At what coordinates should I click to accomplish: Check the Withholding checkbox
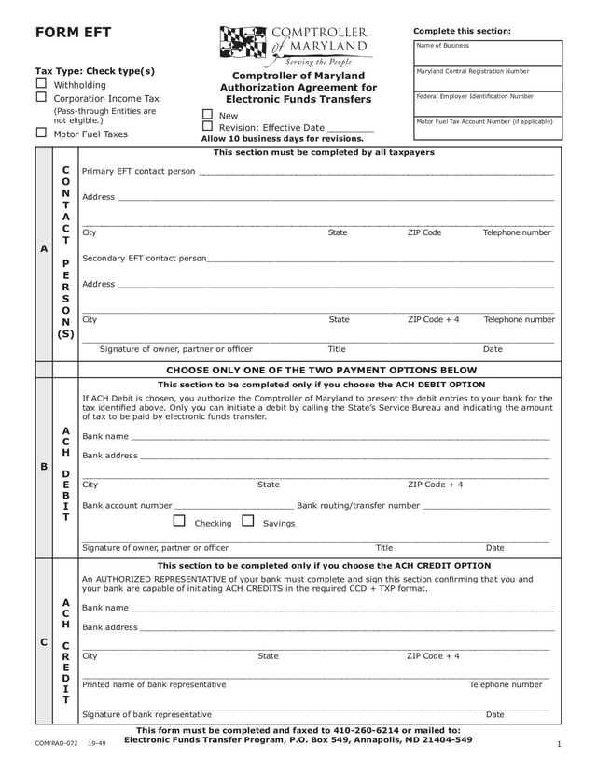(41, 84)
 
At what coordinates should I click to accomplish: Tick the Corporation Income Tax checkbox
(41, 97)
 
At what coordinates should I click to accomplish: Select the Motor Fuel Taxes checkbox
(41, 133)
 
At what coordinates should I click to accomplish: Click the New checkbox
(207, 115)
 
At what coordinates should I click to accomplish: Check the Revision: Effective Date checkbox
(207, 127)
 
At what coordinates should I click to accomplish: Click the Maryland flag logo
(244, 42)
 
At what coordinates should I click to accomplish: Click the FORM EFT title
(73, 33)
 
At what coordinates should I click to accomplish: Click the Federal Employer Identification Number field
(489, 104)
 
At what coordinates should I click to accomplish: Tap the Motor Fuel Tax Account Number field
(489, 129)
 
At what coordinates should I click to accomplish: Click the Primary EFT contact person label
(139, 172)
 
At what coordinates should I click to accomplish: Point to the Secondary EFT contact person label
(145, 258)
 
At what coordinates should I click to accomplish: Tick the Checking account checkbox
(179, 521)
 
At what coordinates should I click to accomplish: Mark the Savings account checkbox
(248, 521)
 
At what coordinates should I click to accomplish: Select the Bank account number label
(127, 506)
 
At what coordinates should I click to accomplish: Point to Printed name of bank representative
(154, 684)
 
